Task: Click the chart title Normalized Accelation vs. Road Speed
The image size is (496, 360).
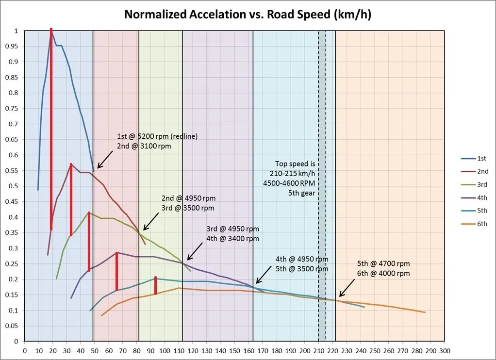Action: tap(248, 14)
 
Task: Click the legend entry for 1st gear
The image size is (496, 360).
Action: tap(482, 159)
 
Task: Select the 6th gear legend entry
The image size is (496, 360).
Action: tap(482, 224)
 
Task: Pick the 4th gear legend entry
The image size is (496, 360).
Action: tap(482, 198)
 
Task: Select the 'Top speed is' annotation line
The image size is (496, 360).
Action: tap(295, 164)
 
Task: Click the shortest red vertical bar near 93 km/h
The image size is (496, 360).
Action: tap(155, 285)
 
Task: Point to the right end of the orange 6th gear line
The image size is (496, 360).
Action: tap(425, 312)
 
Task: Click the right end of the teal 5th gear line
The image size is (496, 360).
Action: tap(364, 307)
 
